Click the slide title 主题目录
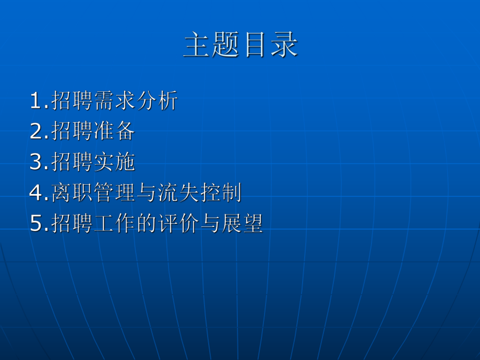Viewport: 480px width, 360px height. click(x=241, y=45)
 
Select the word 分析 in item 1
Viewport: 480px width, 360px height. click(x=157, y=101)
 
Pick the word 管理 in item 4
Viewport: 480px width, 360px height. click(x=115, y=194)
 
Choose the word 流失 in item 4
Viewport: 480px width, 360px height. click(x=178, y=194)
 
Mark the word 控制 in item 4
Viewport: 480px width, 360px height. click(x=221, y=194)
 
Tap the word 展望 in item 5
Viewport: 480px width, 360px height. click(x=242, y=224)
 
